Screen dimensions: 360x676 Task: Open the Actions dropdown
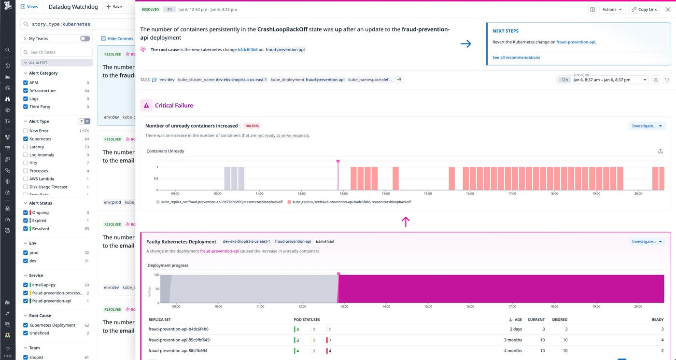[612, 9]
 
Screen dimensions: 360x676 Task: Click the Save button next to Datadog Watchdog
[113, 7]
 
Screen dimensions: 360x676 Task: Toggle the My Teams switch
[85, 39]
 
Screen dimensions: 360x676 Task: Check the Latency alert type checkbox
[26, 147]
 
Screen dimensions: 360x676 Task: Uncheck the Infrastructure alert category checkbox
[26, 91]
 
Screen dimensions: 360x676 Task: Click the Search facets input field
[57, 52]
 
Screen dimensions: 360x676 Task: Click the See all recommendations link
[516, 57]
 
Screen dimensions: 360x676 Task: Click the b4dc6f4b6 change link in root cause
[248, 49]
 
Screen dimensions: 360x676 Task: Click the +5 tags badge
[399, 80]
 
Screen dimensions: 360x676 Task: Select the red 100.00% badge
[252, 126]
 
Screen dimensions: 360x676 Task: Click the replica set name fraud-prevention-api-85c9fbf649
[179, 340]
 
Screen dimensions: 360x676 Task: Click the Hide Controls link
[117, 39]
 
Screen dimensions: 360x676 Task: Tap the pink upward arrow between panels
[406, 222]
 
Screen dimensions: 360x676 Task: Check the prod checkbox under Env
[26, 253]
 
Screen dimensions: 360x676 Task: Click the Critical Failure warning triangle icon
[147, 105]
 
